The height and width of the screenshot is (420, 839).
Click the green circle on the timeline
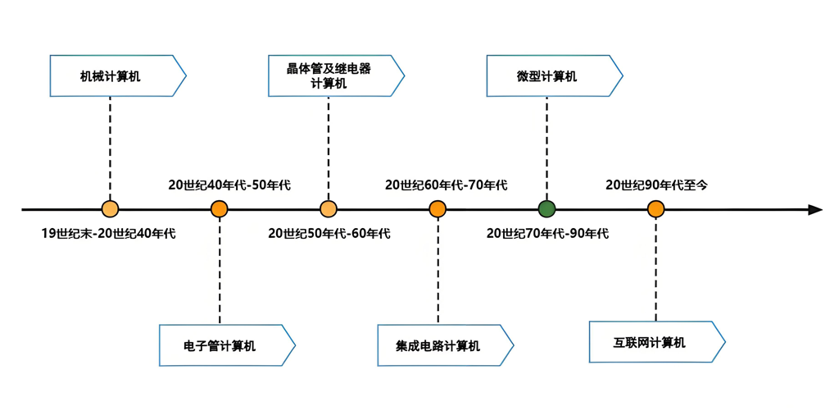(546, 209)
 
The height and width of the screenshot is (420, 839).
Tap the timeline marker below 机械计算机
(110, 209)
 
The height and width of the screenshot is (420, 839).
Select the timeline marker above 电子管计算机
(219, 209)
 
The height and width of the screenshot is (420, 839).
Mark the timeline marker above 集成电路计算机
(438, 209)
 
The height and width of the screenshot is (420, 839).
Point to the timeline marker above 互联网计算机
(655, 209)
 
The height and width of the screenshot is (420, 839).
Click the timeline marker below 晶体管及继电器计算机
(329, 209)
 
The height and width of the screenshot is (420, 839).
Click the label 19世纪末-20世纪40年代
(109, 234)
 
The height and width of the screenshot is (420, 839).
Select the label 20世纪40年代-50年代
(229, 185)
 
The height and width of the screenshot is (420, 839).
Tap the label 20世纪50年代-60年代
(329, 234)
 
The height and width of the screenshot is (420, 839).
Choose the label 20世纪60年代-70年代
(447, 185)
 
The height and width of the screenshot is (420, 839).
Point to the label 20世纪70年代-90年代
(547, 234)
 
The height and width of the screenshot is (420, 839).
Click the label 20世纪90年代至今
(657, 185)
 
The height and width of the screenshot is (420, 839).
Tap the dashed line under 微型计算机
(546, 148)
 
